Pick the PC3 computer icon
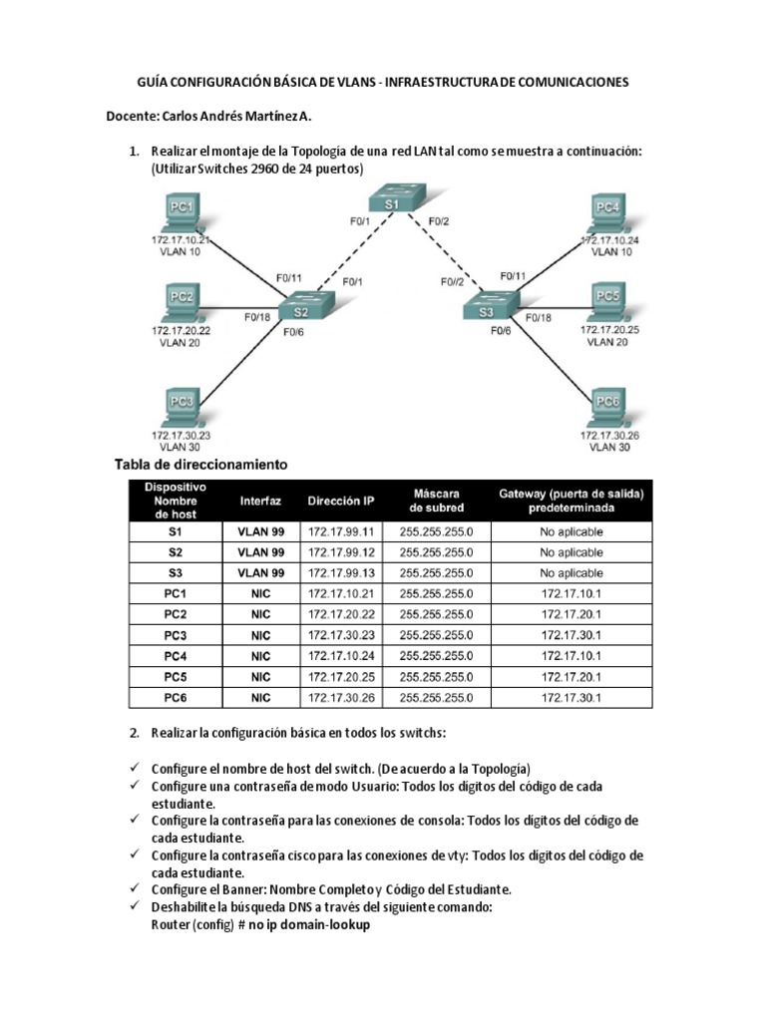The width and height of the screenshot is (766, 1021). point(181,406)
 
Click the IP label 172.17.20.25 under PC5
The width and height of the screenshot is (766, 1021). point(609,328)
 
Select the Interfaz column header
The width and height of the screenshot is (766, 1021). point(260,501)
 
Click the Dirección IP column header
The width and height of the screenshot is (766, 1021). point(341,501)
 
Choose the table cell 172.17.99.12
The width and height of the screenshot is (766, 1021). point(341,551)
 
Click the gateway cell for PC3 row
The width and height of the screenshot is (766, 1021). point(572,634)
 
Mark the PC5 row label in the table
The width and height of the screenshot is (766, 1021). point(176,676)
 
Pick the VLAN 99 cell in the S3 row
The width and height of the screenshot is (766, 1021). point(260,572)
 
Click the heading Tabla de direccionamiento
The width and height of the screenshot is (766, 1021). point(201,465)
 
